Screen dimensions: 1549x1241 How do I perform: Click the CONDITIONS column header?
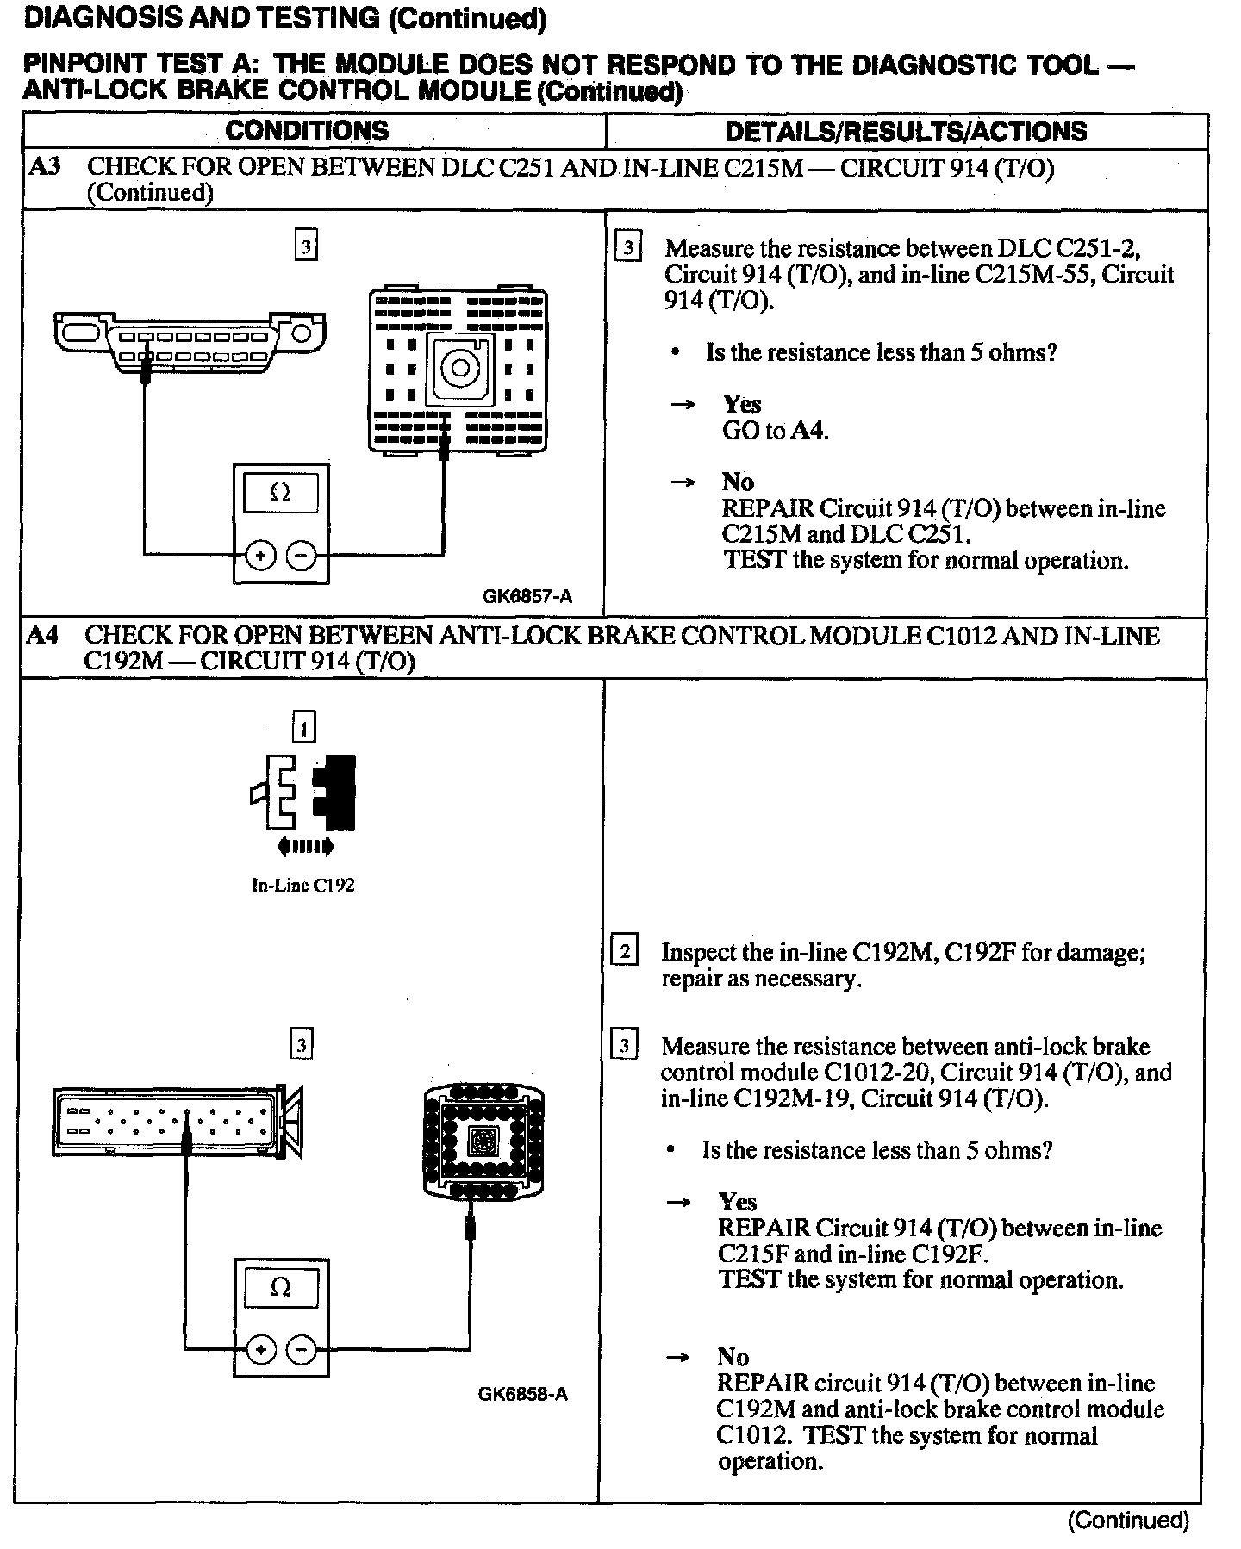pos(307,131)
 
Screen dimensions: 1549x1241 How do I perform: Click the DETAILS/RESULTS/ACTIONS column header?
pos(906,132)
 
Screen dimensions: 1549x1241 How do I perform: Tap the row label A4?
pos(42,636)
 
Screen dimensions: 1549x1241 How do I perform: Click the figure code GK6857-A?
pos(527,596)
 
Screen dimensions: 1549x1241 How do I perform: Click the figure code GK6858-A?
pos(523,1394)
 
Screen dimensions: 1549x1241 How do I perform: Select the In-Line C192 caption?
pos(303,885)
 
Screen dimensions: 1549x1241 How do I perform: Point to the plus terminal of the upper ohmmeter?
pos(259,556)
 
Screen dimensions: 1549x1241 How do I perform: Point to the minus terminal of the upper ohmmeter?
pos(301,556)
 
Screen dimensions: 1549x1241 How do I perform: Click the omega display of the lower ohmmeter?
pos(281,1288)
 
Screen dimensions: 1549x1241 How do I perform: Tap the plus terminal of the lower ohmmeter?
pos(259,1349)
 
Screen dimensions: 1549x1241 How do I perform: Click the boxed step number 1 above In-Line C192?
pos(304,729)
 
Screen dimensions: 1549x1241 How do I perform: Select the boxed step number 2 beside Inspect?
pos(624,952)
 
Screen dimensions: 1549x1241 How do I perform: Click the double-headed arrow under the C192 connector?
pos(305,847)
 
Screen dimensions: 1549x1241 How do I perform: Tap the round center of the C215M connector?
pos(459,368)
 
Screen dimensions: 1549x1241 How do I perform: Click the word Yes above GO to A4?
pos(742,404)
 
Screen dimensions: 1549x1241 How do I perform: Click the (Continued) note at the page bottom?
pos(1128,1520)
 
